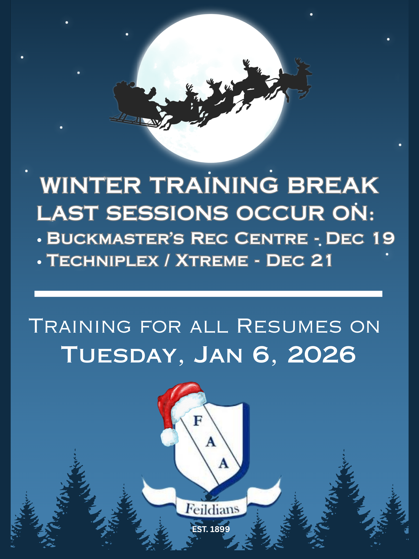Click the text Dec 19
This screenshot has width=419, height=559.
point(360,238)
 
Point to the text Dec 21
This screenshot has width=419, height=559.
point(299,260)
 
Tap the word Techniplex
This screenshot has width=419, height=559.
point(103,260)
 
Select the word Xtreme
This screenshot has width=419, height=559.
point(212,260)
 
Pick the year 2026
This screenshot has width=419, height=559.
point(322,354)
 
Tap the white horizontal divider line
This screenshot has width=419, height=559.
point(208,294)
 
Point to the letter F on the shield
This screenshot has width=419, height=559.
point(198,421)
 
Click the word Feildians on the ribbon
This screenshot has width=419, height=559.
point(212,509)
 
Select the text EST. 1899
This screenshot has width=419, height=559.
point(211,529)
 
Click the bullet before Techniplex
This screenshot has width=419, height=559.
point(39,262)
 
